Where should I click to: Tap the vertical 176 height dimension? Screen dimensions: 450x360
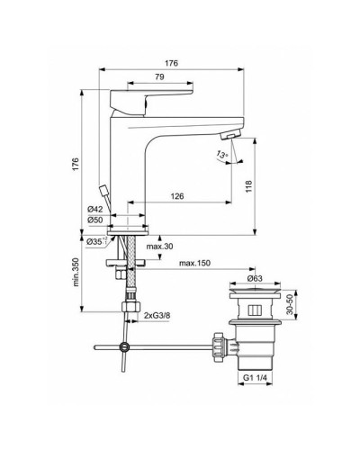click(76, 166)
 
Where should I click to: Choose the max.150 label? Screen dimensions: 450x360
click(195, 263)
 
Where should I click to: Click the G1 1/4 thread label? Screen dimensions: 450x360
click(257, 379)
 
